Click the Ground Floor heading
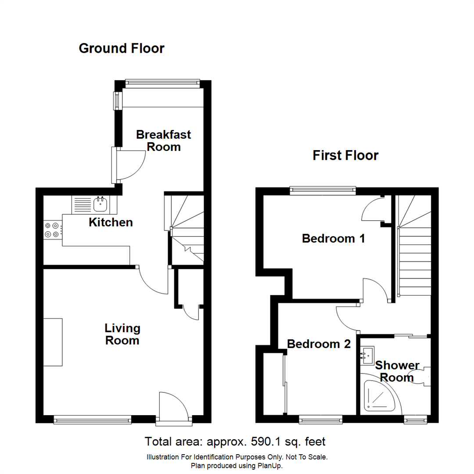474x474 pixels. pos(122,48)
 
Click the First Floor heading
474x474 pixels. pos(345,155)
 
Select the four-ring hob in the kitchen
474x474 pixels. pos(52,230)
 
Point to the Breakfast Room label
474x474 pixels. pos(163,140)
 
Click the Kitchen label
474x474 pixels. pos(111,223)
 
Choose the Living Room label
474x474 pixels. pos(122,334)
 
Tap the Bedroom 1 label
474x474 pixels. pos(334,239)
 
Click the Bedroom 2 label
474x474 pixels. pos(319,344)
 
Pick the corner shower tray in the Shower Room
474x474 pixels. pos(379,397)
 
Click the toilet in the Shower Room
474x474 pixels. pos(419,377)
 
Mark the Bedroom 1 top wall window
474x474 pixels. pos(323,190)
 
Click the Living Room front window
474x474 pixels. pos(92,420)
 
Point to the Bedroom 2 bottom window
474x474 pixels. pos(321,420)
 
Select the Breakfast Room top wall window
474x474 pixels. pos(162,82)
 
